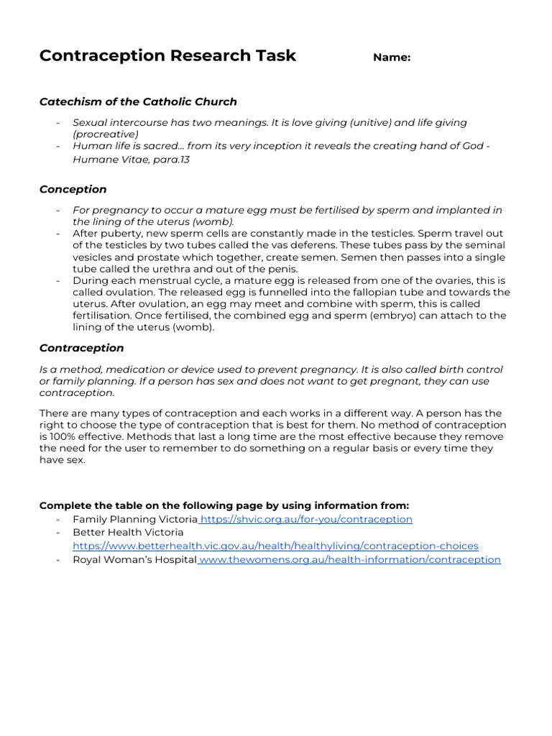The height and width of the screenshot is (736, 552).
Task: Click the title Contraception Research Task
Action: [x=167, y=56]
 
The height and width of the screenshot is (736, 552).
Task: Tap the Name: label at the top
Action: [x=392, y=58]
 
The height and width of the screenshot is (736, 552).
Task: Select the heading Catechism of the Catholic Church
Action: [x=138, y=102]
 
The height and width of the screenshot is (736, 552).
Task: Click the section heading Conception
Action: [x=73, y=190]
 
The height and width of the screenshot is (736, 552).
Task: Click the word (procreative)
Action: [x=106, y=134]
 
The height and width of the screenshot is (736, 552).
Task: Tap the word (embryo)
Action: [x=394, y=316]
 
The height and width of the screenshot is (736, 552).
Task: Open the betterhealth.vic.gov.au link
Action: [x=275, y=546]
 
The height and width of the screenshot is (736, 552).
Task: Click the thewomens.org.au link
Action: [x=350, y=559]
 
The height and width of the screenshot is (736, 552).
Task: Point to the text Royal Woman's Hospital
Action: [x=134, y=559]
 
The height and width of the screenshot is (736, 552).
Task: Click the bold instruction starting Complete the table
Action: [x=224, y=505]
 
